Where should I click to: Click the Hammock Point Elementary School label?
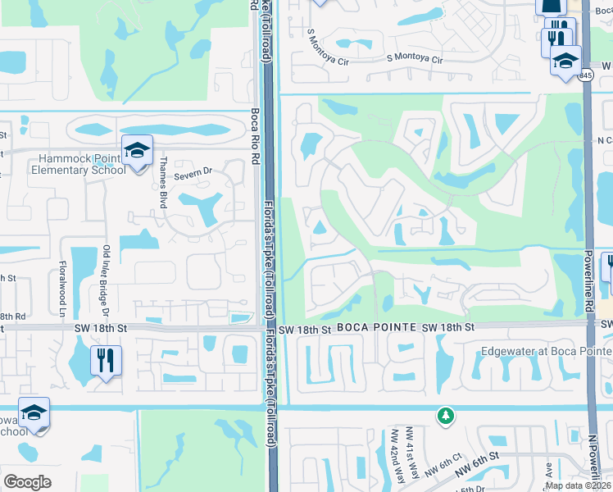[x=79, y=165]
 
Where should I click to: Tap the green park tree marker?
[x=445, y=416]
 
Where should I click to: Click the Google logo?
[x=27, y=481]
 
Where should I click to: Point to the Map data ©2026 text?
[x=578, y=485]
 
